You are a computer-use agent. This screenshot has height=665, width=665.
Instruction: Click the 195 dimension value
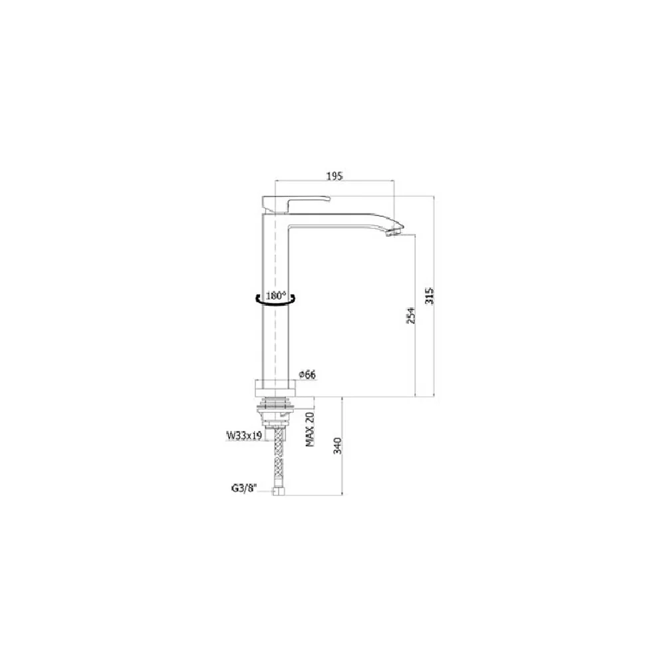pyautogui.click(x=334, y=176)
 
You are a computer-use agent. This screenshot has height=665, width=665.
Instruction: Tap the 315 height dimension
pyautogui.click(x=430, y=296)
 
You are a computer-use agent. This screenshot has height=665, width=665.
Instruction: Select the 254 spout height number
pyautogui.click(x=410, y=315)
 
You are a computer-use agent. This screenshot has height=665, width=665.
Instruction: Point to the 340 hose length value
pyautogui.click(x=338, y=446)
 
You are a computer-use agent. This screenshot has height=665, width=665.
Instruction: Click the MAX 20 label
pyautogui.click(x=310, y=429)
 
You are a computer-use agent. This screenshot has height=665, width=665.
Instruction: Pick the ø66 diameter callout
pyautogui.click(x=307, y=374)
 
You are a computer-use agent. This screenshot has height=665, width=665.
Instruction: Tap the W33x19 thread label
pyautogui.click(x=244, y=436)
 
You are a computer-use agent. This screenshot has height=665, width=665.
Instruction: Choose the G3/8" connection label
pyautogui.click(x=244, y=488)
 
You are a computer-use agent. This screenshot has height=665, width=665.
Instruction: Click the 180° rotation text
pyautogui.click(x=276, y=295)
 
